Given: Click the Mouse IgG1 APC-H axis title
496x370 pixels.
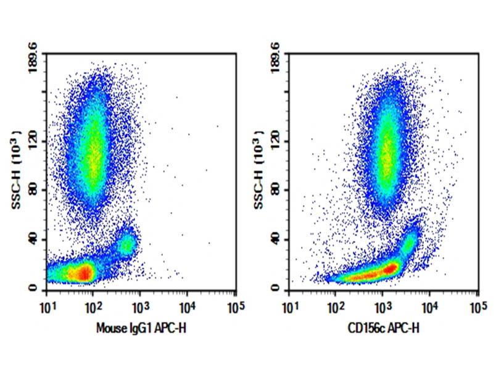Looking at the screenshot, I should tap(141, 329).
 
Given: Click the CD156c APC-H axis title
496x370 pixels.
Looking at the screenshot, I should tap(383, 329).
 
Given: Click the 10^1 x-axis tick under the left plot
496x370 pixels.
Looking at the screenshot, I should tap(46, 306).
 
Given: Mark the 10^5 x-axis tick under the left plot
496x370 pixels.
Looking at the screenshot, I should tap(234, 306).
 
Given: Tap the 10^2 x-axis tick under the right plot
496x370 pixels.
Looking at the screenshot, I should tap(336, 306).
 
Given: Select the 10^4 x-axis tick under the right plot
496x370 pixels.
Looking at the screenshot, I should tap(429, 306).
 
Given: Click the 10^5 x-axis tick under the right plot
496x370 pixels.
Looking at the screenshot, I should tap(476, 306).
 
